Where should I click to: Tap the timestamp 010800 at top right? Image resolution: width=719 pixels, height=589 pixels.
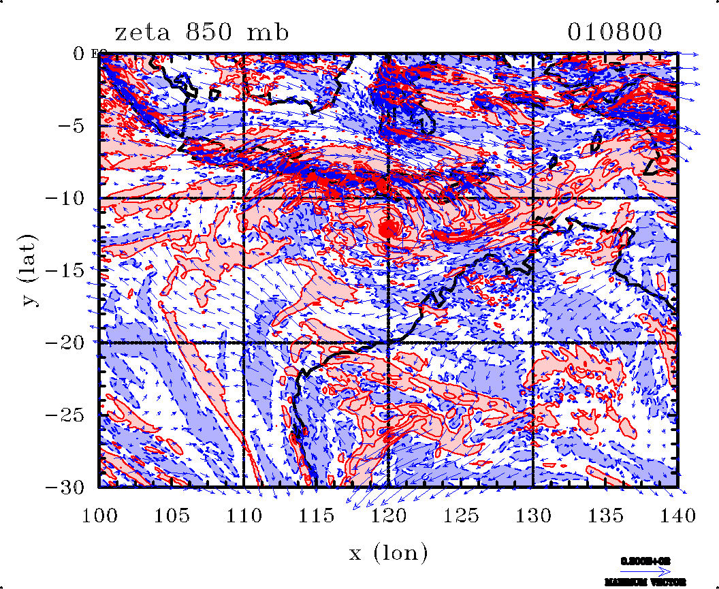615,32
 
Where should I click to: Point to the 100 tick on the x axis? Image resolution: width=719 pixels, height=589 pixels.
99,515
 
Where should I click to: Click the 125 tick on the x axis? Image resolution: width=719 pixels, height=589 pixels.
460,515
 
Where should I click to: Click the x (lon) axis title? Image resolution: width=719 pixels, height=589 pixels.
389,552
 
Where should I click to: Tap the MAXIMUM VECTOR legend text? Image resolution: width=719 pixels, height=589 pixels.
638,582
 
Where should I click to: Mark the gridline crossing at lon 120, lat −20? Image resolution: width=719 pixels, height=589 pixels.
388,343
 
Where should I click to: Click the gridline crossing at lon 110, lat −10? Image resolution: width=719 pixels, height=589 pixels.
244,198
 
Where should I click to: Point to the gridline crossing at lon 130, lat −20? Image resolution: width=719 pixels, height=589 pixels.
532,343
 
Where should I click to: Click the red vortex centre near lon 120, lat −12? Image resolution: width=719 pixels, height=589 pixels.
389,229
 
